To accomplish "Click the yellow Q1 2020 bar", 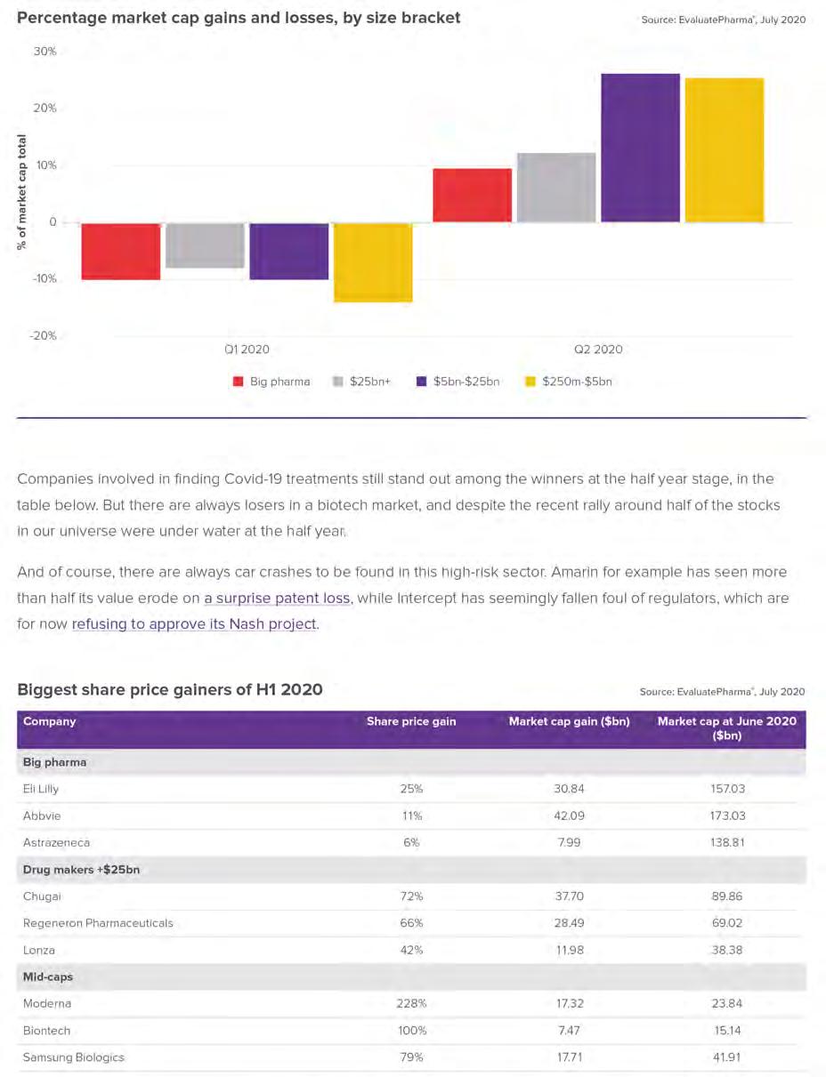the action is tap(373, 262).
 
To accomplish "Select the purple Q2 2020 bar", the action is tap(640, 148).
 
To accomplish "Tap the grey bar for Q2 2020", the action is tap(556, 188).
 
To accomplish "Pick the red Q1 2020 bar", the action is tap(121, 252).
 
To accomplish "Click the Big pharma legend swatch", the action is tap(238, 382).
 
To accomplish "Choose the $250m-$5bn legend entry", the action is tap(568, 382).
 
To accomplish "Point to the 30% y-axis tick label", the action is tap(45, 51).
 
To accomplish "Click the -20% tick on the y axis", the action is tap(43, 335).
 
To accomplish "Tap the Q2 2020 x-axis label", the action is tap(598, 350).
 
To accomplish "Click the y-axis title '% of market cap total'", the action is tap(21, 192).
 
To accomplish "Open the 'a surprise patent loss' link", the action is tap(278, 599).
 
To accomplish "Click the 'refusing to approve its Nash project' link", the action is tap(194, 624).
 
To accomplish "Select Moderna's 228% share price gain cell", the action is tap(411, 1003).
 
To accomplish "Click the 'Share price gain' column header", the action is tap(411, 721).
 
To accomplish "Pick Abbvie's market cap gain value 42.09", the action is tap(569, 816).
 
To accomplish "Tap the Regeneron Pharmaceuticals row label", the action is tap(98, 923).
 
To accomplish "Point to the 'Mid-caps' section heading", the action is tap(47, 977).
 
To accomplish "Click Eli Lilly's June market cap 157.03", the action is tap(727, 789).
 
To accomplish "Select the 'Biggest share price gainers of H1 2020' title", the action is tap(170, 689).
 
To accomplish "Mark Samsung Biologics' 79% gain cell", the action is tap(411, 1057).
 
